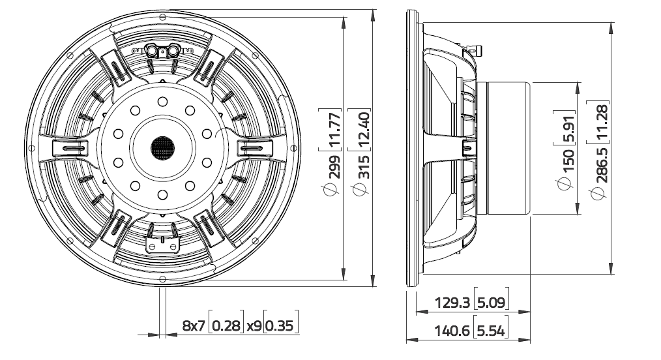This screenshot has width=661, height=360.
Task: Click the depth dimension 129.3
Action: tap(452, 303)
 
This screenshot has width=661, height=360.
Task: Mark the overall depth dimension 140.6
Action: tap(452, 331)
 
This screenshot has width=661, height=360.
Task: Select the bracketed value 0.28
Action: tap(226, 325)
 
